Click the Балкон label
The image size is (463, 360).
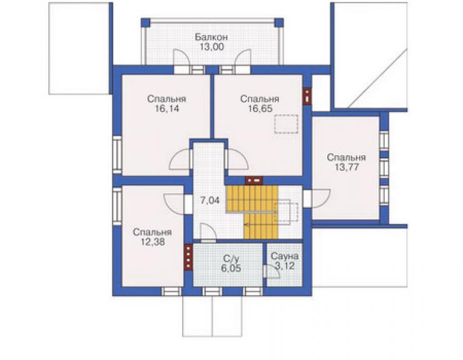pyautogui.click(x=211, y=37)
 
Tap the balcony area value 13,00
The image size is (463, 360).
pyautogui.click(x=211, y=47)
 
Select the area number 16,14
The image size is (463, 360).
pyautogui.click(x=167, y=109)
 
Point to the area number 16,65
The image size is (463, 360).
pyautogui.click(x=260, y=109)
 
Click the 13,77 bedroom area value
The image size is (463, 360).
pyautogui.click(x=347, y=167)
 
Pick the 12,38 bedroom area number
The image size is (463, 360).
pyautogui.click(x=153, y=242)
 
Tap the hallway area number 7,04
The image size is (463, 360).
pyautogui.click(x=210, y=200)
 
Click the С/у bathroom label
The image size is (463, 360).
pyautogui.click(x=231, y=259)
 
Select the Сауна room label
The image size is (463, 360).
pyautogui.click(x=285, y=256)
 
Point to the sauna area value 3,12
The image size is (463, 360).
pyautogui.click(x=285, y=266)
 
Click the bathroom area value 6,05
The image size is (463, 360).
pyautogui.click(x=231, y=269)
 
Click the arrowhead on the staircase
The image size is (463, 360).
pyautogui.click(x=246, y=225)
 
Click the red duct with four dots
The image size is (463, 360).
pyautogui.click(x=188, y=257)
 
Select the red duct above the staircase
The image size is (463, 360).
pyautogui.click(x=254, y=180)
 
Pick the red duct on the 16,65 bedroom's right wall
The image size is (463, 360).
pyautogui.click(x=307, y=96)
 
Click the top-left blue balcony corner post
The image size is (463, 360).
pyautogui.click(x=145, y=23)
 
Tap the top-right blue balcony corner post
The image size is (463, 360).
pyautogui.click(x=279, y=23)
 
